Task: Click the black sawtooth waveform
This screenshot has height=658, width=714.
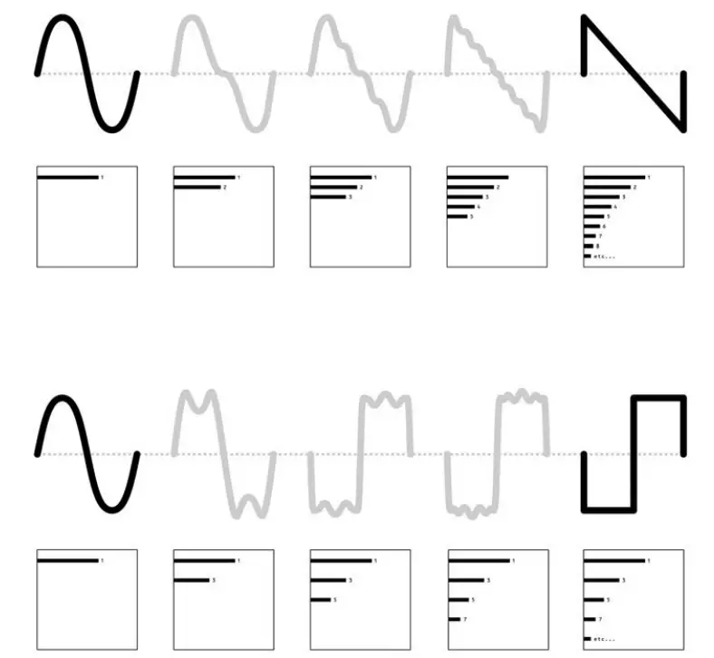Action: click(632, 73)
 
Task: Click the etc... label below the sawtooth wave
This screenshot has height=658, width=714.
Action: click(603, 256)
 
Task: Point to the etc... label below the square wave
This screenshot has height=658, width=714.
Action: click(603, 638)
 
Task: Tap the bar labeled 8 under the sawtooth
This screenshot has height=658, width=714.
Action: click(587, 246)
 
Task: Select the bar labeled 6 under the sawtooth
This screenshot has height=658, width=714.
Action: click(590, 226)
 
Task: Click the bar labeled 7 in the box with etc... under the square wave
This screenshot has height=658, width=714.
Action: click(589, 619)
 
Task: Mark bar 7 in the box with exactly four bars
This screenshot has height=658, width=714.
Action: click(453, 619)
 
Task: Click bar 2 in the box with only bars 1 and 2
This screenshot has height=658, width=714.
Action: click(196, 187)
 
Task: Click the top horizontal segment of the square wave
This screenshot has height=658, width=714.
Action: click(658, 398)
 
